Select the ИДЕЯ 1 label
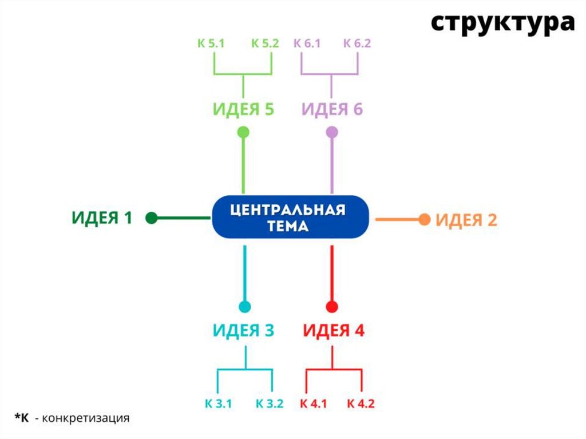[x=102, y=218]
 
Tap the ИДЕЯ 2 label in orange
[x=466, y=220]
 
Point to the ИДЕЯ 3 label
[x=243, y=331]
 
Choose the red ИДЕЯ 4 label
[x=333, y=331]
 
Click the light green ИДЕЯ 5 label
[x=243, y=109]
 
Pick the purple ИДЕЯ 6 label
[x=332, y=109]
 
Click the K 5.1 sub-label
[x=212, y=43]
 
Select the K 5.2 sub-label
[x=264, y=43]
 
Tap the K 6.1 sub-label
[x=307, y=43]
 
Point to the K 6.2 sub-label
[x=358, y=43]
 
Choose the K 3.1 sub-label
[x=218, y=404]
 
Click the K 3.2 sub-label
[x=270, y=404]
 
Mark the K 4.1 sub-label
[x=313, y=404]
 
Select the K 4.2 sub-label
[x=361, y=404]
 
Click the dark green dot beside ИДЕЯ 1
[x=152, y=218]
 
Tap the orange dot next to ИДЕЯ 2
[x=424, y=219]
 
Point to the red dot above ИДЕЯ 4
[x=332, y=306]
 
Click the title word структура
[x=502, y=23]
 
